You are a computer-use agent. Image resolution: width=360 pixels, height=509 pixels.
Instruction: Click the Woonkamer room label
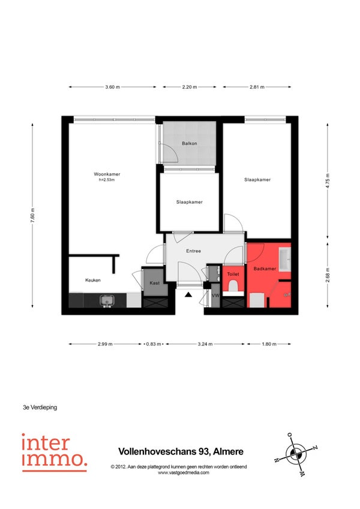click(107, 174)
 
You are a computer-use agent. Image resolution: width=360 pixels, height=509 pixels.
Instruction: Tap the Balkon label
click(190, 143)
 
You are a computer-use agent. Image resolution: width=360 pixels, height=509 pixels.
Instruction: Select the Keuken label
click(93, 280)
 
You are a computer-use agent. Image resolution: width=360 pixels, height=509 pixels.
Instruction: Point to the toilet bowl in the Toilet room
click(233, 287)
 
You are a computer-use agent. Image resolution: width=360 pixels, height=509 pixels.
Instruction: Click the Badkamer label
click(265, 269)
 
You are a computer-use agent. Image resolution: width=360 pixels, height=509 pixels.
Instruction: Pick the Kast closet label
click(155, 283)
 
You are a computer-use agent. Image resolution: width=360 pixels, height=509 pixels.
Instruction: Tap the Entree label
click(193, 251)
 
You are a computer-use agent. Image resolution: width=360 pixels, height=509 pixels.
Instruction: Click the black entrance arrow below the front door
click(188, 294)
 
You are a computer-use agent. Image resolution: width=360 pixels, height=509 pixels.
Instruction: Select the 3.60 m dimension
click(112, 87)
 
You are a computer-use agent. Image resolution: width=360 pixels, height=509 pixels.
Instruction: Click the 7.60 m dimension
click(32, 215)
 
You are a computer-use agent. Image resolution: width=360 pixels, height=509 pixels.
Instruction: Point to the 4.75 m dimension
click(328, 181)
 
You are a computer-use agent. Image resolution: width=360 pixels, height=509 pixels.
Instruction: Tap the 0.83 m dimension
click(154, 344)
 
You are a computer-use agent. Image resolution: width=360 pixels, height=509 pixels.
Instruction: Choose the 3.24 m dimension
click(205, 344)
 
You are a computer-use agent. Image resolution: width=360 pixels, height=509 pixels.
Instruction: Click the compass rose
click(296, 454)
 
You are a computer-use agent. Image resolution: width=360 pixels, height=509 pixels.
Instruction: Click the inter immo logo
click(54, 453)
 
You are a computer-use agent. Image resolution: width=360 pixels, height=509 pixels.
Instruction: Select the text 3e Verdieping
click(40, 408)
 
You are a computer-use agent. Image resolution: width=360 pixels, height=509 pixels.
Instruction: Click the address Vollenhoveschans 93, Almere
click(181, 451)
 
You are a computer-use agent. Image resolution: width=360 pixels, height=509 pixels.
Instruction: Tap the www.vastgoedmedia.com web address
click(184, 472)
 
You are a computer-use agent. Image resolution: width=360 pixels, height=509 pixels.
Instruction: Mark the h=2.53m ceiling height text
click(107, 180)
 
